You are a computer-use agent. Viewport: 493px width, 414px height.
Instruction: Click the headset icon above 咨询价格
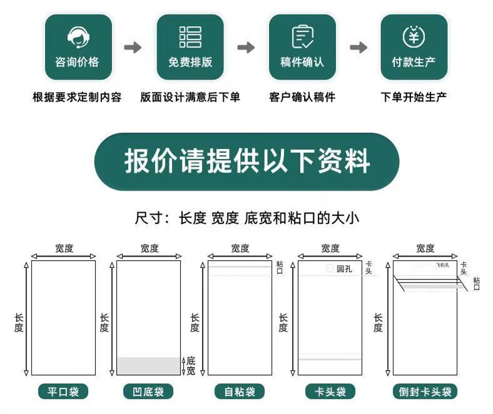tap(78, 37)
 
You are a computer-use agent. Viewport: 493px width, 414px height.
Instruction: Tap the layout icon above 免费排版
tap(190, 37)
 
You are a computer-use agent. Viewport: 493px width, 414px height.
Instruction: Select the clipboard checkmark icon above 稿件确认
tap(302, 37)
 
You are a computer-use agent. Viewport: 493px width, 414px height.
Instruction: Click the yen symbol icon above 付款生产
tap(414, 37)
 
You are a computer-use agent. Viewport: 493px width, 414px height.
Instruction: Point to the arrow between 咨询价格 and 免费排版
tap(133, 48)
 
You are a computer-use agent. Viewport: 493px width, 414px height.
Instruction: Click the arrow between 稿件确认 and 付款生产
tap(358, 48)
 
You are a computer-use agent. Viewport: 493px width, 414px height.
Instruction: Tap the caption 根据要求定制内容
tap(77, 98)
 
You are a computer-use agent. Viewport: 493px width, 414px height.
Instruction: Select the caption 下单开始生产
tap(414, 98)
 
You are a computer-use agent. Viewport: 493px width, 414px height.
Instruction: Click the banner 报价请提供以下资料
tap(246, 162)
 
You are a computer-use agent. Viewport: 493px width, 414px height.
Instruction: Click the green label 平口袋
tap(63, 392)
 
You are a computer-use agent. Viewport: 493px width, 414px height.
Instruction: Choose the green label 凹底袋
tap(148, 392)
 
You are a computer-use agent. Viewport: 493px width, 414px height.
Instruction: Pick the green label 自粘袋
tap(240, 392)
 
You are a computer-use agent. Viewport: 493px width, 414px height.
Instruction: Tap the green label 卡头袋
tap(330, 392)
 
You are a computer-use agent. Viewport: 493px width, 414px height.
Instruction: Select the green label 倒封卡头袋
tap(425, 392)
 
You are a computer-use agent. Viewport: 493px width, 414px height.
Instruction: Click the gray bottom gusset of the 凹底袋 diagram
tap(148, 366)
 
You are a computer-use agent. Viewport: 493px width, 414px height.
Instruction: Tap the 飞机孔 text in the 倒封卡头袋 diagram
tap(442, 265)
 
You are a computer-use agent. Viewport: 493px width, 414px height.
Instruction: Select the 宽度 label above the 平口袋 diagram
tap(64, 248)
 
